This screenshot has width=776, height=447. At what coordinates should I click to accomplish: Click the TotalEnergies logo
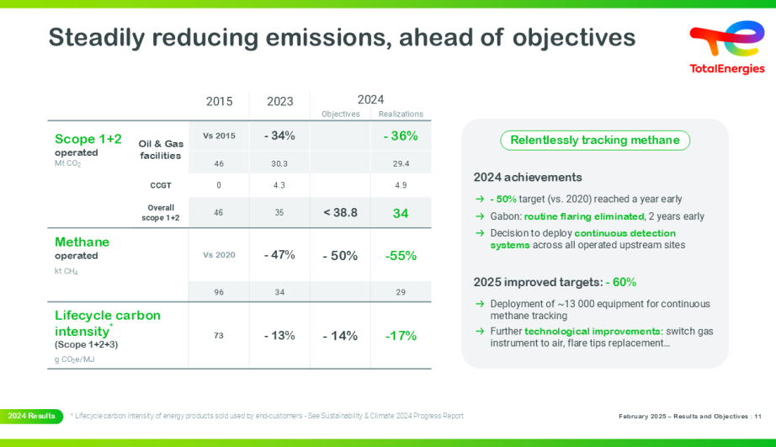(x=726, y=47)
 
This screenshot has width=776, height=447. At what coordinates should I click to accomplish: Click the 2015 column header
(x=219, y=101)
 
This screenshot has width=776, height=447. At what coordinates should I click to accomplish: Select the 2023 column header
(x=280, y=101)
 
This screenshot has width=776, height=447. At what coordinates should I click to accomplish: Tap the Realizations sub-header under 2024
(x=401, y=114)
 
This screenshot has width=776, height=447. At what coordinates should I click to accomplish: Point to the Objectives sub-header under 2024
(x=340, y=114)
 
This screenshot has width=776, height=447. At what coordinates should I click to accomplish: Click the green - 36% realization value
(x=401, y=136)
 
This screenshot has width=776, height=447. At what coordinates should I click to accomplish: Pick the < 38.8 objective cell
(x=340, y=213)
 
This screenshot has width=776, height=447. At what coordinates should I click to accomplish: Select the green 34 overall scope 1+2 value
(x=401, y=213)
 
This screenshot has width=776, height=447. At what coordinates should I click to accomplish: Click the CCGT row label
(x=160, y=184)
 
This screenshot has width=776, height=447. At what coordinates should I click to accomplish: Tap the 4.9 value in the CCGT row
(x=401, y=185)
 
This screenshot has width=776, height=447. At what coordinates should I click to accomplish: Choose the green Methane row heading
(x=82, y=242)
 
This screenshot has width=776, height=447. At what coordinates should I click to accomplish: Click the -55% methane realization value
(x=401, y=255)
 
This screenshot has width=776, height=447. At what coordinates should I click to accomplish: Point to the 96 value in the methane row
(x=219, y=292)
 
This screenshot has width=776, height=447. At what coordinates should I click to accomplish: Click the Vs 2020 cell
(x=219, y=255)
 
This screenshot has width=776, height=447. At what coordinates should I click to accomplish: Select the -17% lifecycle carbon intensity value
(x=401, y=336)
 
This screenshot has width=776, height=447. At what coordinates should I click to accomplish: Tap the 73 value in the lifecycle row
(x=219, y=336)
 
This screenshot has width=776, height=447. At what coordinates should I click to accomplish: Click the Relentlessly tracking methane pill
(x=595, y=141)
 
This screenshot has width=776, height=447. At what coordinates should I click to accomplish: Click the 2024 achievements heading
(x=528, y=178)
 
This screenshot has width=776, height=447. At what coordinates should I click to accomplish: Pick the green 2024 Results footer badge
(x=31, y=416)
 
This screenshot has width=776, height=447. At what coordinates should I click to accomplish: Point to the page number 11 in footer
(x=758, y=417)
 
